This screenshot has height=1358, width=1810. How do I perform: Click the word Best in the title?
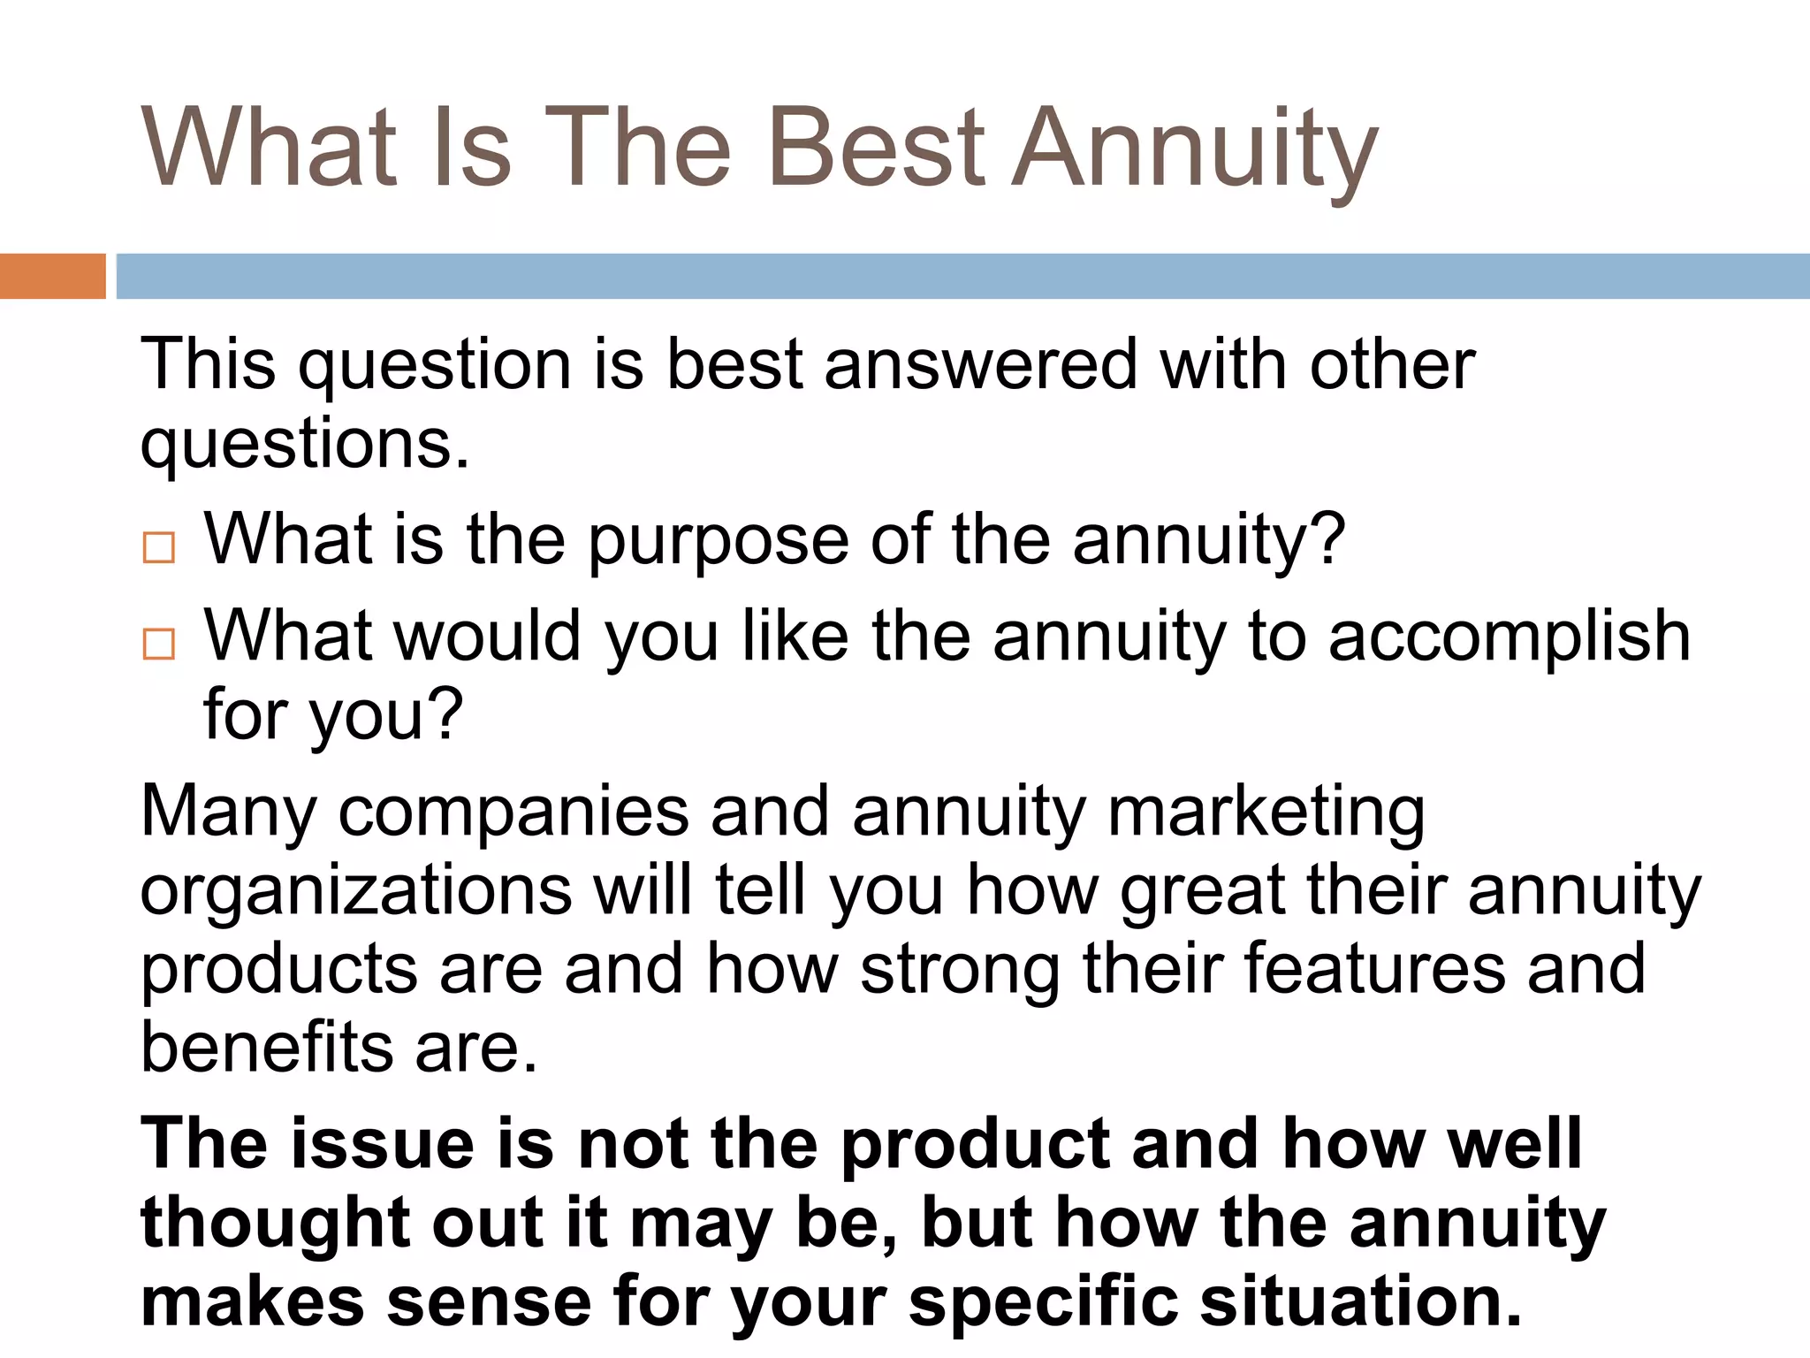point(876,148)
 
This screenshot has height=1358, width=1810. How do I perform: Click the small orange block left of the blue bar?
point(53,276)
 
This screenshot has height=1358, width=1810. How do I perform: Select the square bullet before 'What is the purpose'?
point(159,548)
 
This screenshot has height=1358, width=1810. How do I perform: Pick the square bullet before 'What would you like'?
point(159,644)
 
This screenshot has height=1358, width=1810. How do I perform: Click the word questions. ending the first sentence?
point(305,445)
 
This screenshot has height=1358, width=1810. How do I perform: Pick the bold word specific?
point(1043,1303)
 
